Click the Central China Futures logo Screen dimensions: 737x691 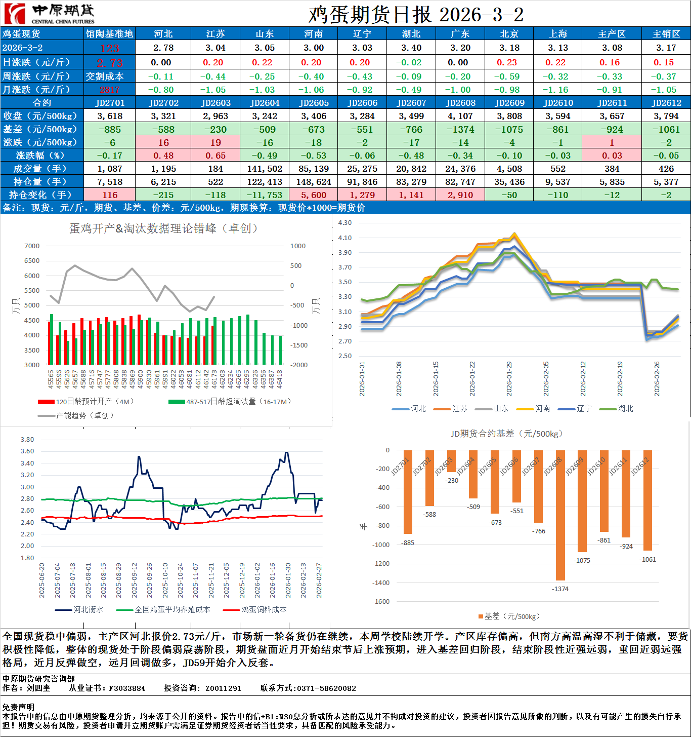pos(49,14)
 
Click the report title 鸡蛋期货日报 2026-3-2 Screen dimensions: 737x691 pos(416,15)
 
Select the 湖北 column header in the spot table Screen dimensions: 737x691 pos(411,34)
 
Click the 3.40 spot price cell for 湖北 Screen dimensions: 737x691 pos(411,48)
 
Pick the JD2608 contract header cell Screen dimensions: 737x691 pos(460,103)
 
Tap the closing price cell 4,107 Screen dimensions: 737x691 pos(460,116)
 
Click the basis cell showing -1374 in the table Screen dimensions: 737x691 pos(460,129)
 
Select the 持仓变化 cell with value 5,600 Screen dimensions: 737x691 pos(313,195)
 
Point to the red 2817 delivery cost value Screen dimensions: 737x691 pos(109,90)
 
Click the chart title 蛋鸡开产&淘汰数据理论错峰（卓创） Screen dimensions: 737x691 pos(163,228)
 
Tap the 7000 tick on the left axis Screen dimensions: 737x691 pos(32,246)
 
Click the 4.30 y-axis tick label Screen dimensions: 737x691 pos(344,223)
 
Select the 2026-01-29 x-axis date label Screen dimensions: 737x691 pos(509,378)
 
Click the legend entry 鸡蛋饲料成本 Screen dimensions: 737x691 pos(264,609)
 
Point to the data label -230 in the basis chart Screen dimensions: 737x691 pos(452,481)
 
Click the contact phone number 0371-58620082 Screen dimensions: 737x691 pos(326,688)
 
